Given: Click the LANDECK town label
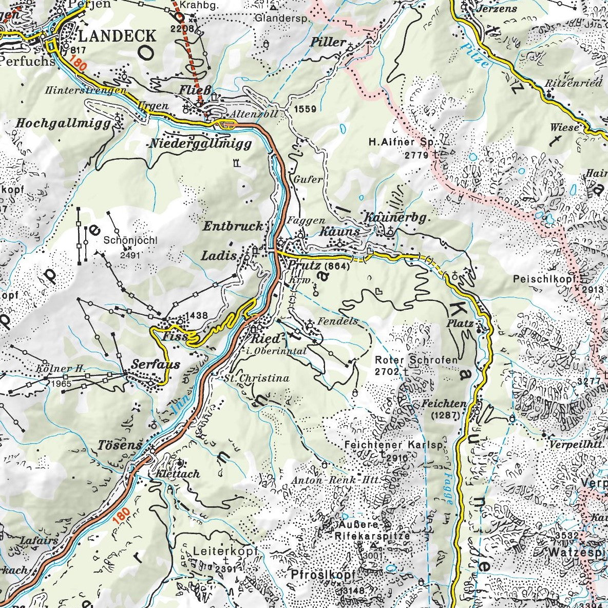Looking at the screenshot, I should click(117, 35).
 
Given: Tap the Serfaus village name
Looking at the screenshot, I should click(156, 365).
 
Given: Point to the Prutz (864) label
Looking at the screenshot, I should click(319, 265).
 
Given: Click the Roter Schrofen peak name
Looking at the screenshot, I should click(416, 360).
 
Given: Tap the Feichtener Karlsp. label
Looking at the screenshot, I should click(393, 445).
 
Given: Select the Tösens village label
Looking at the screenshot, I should click(119, 445).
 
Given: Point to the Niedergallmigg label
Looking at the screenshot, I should click(200, 144).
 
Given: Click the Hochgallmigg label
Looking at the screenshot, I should click(63, 123).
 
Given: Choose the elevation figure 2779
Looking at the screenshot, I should click(417, 154).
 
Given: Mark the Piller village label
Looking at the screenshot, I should click(328, 43).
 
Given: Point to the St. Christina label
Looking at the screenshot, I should click(256, 378).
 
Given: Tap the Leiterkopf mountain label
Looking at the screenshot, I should click(224, 551).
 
